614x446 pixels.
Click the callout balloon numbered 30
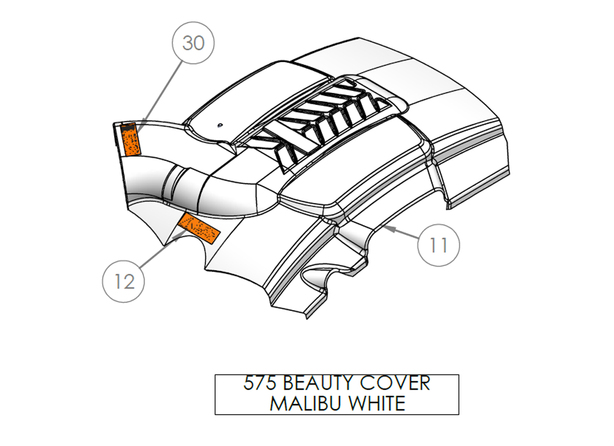(193, 42)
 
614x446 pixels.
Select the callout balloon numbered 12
(123, 282)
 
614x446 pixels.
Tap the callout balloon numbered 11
(439, 245)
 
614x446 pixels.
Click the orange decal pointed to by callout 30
(130, 139)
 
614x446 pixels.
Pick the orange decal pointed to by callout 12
(199, 229)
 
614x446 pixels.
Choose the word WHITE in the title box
(377, 404)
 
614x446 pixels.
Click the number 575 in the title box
(260, 383)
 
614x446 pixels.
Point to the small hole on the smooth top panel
(220, 125)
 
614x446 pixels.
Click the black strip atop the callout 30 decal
(128, 127)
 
